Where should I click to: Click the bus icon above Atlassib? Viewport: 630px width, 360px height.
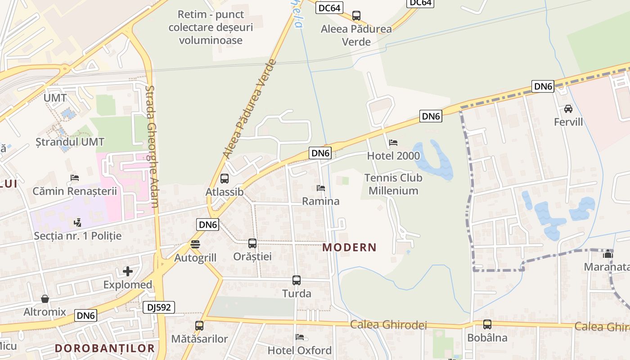225,179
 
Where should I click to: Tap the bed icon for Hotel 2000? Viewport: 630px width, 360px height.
393,143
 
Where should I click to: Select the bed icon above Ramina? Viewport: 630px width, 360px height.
320,188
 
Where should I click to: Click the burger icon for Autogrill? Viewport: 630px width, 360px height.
195,244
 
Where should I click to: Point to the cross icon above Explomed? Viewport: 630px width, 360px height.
128,271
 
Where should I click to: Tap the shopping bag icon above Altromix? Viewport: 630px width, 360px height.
45,299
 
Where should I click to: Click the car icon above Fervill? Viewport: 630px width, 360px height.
568,109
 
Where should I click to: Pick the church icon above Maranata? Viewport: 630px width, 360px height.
608,254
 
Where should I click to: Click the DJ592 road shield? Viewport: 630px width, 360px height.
158,307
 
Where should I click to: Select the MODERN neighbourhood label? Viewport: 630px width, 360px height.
349,247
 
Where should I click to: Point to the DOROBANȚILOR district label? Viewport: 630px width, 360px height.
105,348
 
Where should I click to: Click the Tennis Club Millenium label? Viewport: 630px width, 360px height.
393,184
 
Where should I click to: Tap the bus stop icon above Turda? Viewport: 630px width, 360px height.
297,280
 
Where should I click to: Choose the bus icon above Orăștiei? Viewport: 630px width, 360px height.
252,243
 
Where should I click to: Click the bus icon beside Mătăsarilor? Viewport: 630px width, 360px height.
199,326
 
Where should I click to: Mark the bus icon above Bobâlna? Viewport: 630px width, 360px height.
487,324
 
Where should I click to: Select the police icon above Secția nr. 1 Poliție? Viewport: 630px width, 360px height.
78,222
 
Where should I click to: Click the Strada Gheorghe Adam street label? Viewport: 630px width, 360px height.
153,146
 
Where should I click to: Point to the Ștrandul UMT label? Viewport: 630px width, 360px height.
70,142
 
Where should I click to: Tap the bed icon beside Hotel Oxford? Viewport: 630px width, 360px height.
300,337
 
